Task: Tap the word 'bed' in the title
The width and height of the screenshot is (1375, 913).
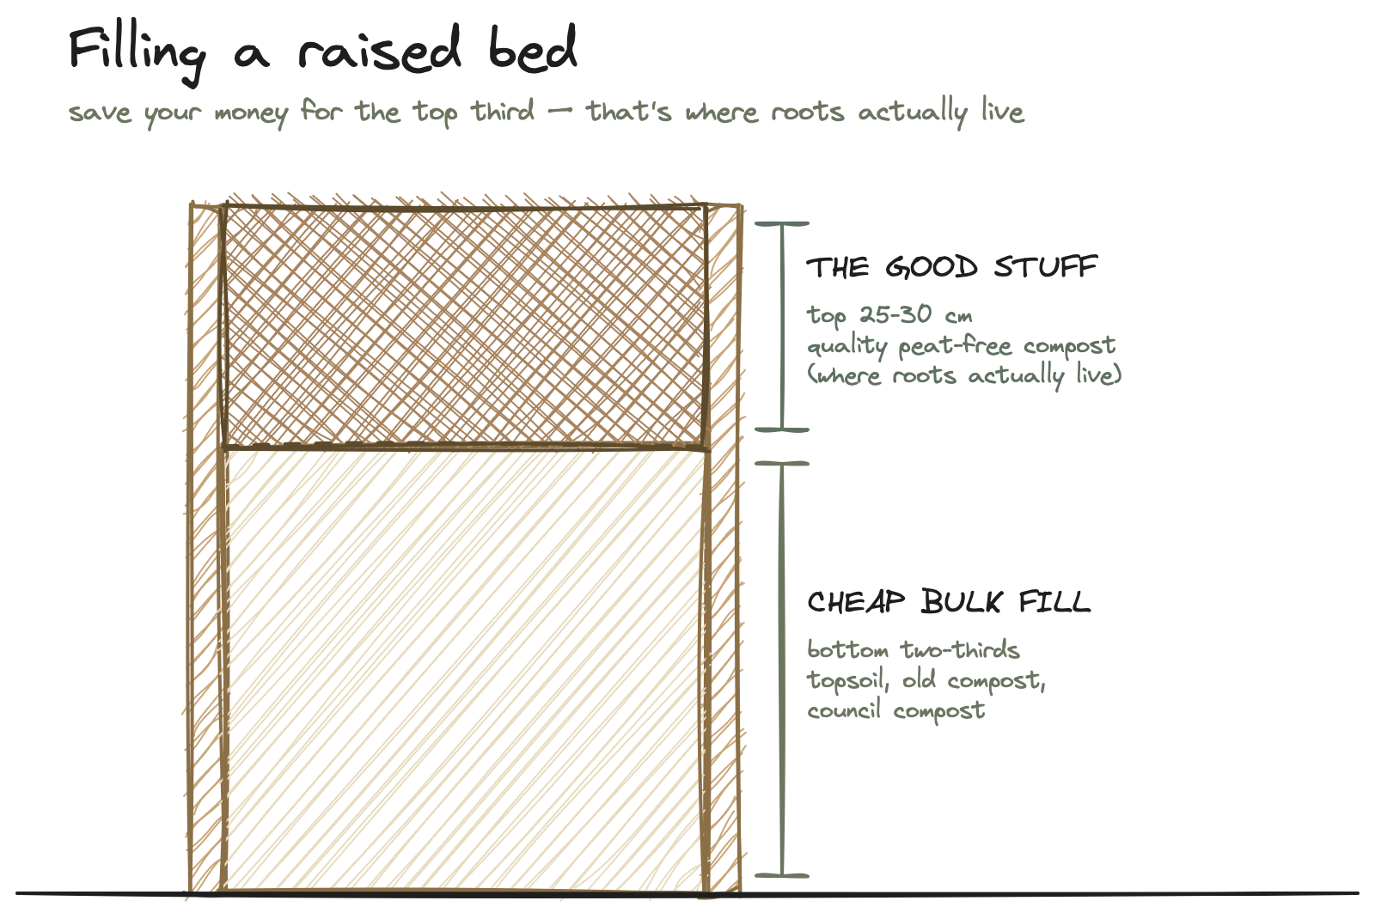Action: click(533, 48)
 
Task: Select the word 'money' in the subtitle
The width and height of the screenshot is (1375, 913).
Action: click(252, 114)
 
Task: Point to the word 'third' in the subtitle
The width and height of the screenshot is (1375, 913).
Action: click(502, 111)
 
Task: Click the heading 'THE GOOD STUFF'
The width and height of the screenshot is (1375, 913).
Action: click(952, 267)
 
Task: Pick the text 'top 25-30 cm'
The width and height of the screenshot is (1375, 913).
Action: click(889, 315)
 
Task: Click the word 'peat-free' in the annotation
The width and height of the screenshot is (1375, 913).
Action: click(955, 346)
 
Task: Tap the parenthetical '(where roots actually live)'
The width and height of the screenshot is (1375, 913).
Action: click(964, 375)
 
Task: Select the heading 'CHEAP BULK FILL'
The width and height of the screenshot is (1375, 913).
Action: click(949, 601)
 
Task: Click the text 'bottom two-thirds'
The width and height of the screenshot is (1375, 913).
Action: click(914, 649)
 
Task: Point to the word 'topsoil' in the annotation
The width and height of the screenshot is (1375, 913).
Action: click(847, 681)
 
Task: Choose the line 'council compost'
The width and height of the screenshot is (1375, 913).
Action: click(895, 710)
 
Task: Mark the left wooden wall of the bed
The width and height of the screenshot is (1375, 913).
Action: click(206, 547)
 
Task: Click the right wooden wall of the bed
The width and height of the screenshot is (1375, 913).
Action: click(723, 547)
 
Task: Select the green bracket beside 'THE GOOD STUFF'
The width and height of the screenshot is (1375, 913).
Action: click(782, 327)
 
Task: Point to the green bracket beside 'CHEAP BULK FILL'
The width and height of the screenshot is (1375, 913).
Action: click(782, 669)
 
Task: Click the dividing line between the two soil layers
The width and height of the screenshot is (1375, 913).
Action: click(465, 447)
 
